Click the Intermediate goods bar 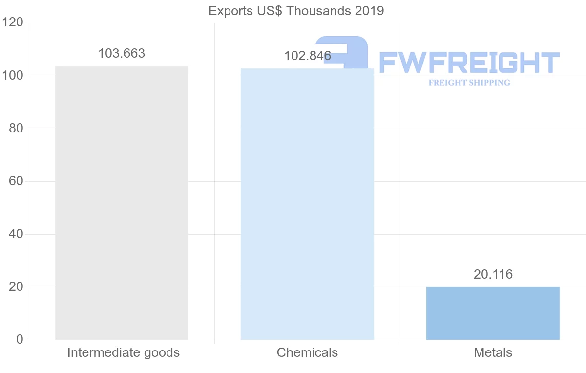tap(122, 203)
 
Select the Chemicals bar tap(307, 204)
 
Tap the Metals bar tap(493, 313)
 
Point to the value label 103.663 tap(122, 54)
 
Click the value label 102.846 tap(307, 56)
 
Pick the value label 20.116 tap(493, 275)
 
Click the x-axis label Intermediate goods tap(124, 352)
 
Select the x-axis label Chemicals tap(307, 352)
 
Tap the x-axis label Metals tap(493, 352)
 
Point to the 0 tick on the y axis tap(20, 340)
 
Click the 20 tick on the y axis tap(16, 287)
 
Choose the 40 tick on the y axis tap(16, 234)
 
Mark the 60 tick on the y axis tap(16, 181)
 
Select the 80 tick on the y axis tap(16, 129)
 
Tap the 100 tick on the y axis tap(13, 76)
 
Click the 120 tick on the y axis tap(13, 23)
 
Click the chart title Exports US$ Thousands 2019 tap(296, 11)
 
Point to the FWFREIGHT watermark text tap(469, 63)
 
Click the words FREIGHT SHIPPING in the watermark tap(469, 83)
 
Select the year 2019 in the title tap(370, 11)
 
